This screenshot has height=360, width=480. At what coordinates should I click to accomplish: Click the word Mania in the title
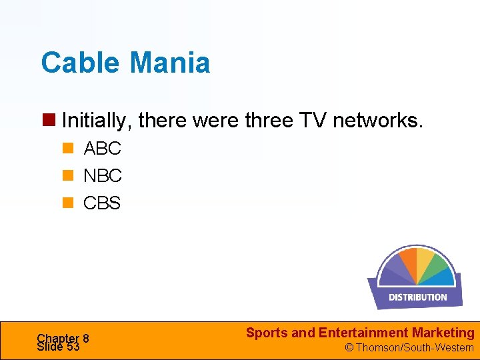[x=170, y=63]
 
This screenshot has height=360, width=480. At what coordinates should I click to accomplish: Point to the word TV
[x=313, y=121]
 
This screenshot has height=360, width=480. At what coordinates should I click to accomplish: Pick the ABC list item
[x=102, y=149]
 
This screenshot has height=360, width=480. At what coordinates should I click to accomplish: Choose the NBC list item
[x=103, y=176]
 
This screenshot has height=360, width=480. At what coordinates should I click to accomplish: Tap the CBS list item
[x=102, y=203]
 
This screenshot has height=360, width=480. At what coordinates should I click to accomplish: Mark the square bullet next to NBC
[x=67, y=176]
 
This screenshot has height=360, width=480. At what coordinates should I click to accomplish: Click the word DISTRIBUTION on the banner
[x=418, y=297]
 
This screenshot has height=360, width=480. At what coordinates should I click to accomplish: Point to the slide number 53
[x=73, y=347]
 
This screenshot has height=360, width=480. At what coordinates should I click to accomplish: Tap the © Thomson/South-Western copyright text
[x=409, y=347]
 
